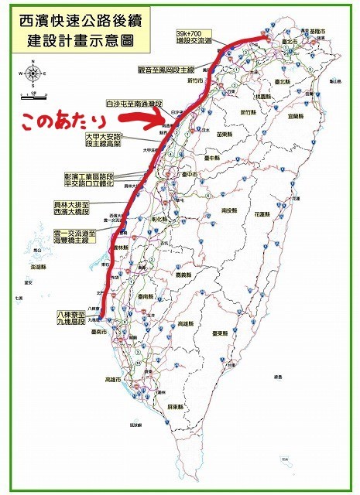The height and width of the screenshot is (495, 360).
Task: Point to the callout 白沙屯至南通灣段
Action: click(x=132, y=103)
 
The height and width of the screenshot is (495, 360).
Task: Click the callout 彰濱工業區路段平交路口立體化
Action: click(x=90, y=180)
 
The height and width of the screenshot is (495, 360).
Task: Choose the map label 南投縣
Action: click(x=228, y=210)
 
